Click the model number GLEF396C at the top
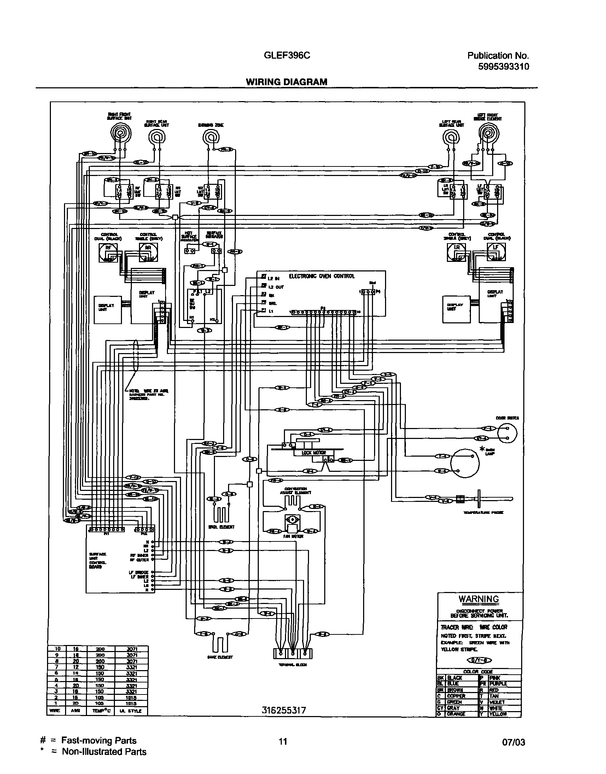[287, 55]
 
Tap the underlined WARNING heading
[479, 599]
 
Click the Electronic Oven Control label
[321, 276]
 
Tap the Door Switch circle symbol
[507, 433]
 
